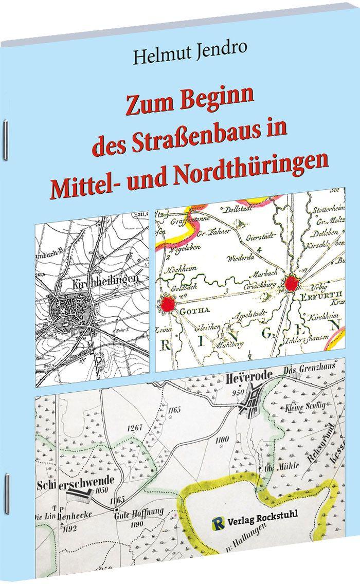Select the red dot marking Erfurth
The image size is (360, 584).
292,283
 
